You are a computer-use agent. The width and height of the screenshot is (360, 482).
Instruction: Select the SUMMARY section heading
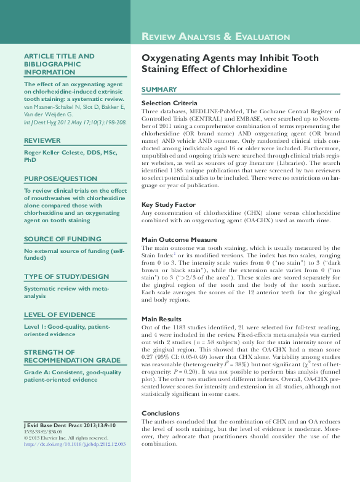159,89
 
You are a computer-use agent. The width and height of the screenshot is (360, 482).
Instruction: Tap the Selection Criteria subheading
169,103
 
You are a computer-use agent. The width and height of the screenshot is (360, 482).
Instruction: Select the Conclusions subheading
161,414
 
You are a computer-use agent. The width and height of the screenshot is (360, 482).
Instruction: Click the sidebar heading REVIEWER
42,140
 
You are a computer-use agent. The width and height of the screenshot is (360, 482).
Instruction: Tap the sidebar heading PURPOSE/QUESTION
60,178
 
